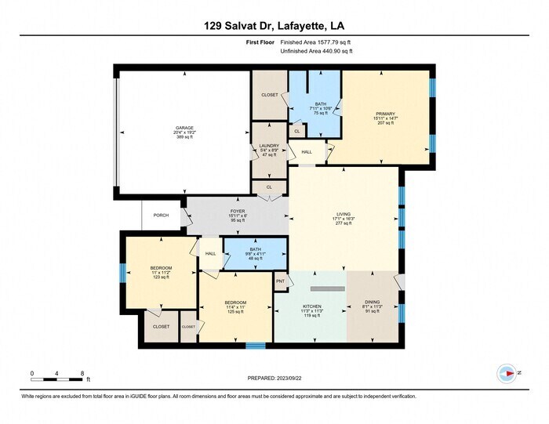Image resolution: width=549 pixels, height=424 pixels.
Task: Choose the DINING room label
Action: point(373,306)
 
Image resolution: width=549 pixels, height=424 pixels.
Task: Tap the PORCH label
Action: point(161,215)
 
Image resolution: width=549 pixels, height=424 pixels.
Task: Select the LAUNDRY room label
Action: point(269,146)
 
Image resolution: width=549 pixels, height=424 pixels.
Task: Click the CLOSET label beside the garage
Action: point(269,95)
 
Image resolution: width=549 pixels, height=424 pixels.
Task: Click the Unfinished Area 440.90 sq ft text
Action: point(316,51)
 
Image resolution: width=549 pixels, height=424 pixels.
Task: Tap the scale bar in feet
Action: point(56,379)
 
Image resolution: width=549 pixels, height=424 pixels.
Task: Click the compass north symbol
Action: point(507,374)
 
